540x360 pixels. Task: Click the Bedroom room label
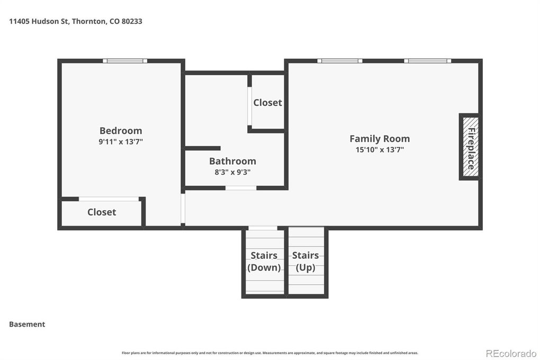coord(121,131)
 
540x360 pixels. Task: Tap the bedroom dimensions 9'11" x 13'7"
coord(121,141)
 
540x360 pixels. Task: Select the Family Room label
coord(380,139)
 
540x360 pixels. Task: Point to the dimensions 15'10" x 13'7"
coord(380,149)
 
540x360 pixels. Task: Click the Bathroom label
coord(232,161)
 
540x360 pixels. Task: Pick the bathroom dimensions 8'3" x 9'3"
coord(232,172)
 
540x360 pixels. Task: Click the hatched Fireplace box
coord(471,147)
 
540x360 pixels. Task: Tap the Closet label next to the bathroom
coord(267,103)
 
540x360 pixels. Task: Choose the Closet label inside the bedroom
coord(102,212)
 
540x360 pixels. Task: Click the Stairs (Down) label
coord(264,262)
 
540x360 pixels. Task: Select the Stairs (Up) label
coord(305,262)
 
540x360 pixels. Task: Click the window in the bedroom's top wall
coord(125,61)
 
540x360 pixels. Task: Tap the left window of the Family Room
coord(339,61)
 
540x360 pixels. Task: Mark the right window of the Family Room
coord(427,61)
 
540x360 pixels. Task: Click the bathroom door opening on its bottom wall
coord(241,188)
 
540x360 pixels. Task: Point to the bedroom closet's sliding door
coord(109,199)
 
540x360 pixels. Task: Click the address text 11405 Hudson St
coord(39,21)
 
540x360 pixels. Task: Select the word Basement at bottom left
coord(27,324)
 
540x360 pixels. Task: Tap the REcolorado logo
coord(511,354)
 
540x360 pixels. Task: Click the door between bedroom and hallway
coord(183,208)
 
